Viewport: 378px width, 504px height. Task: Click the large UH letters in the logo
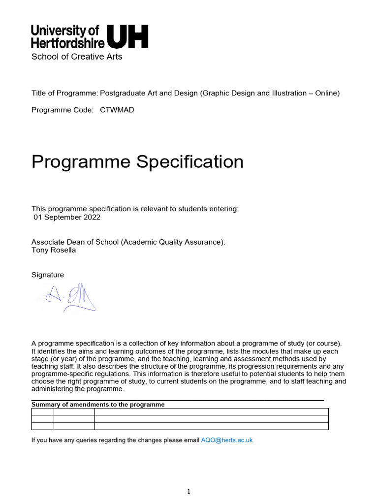point(127,36)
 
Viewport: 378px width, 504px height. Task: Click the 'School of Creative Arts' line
point(77,57)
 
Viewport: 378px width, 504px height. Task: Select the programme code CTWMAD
point(117,110)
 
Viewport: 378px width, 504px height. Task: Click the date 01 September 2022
point(67,217)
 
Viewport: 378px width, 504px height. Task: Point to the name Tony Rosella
point(54,250)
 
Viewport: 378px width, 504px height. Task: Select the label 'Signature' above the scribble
point(48,275)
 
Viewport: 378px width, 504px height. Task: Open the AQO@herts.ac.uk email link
point(227,440)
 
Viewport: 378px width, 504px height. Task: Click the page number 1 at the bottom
point(189,491)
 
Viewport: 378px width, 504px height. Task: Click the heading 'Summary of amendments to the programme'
point(98,405)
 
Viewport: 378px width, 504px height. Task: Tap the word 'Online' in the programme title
point(324,94)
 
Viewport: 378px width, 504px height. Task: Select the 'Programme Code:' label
point(62,110)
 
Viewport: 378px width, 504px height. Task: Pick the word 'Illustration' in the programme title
point(290,94)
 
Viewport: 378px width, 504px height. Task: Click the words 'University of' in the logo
point(65,31)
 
